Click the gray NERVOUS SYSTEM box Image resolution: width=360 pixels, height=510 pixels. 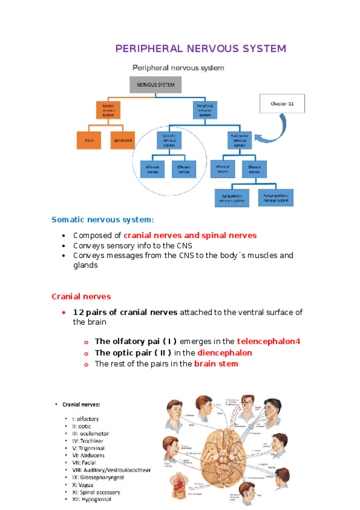[x=155, y=85]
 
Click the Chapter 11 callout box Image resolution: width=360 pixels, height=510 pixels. [x=282, y=103]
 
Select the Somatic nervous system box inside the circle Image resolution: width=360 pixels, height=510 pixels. [x=169, y=140]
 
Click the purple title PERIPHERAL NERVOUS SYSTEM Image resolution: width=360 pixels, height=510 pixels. [x=201, y=48]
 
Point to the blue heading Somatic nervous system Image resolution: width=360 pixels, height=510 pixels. [x=102, y=220]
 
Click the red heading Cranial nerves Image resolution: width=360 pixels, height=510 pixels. [x=81, y=296]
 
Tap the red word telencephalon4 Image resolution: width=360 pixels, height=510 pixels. [x=268, y=341]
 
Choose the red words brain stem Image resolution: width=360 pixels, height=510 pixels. [x=216, y=364]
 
